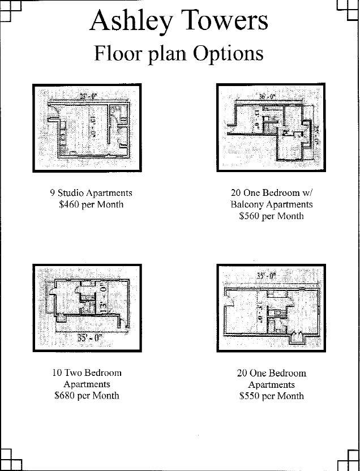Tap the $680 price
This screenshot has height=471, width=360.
click(x=65, y=396)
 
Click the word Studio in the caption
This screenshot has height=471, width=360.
click(x=70, y=192)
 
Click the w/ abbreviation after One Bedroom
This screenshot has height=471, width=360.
click(x=307, y=192)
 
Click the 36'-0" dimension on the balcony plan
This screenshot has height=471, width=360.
click(x=267, y=96)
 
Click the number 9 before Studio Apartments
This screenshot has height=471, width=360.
click(x=53, y=192)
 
